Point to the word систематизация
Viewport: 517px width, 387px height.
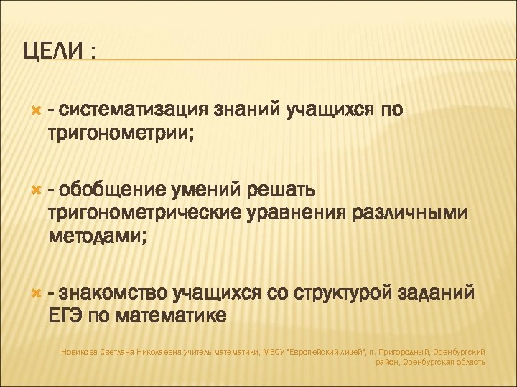point(134,110)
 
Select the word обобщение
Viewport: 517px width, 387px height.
point(110,191)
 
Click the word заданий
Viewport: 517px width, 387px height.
point(438,292)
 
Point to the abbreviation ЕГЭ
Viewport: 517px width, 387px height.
point(65,314)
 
